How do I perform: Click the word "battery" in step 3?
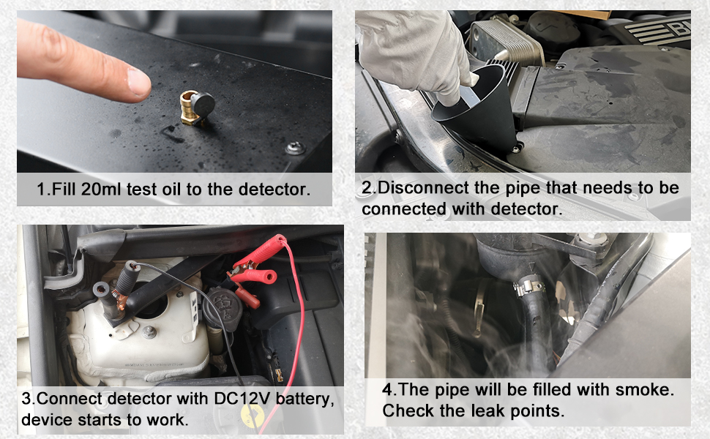pos(300,400)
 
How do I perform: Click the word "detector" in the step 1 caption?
pos(273,190)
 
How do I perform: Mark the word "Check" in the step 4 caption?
pos(406,410)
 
